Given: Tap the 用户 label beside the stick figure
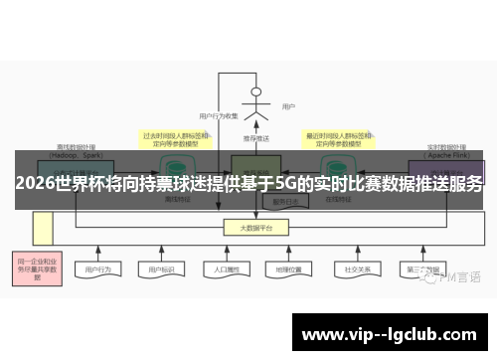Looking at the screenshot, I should point(289,106).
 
